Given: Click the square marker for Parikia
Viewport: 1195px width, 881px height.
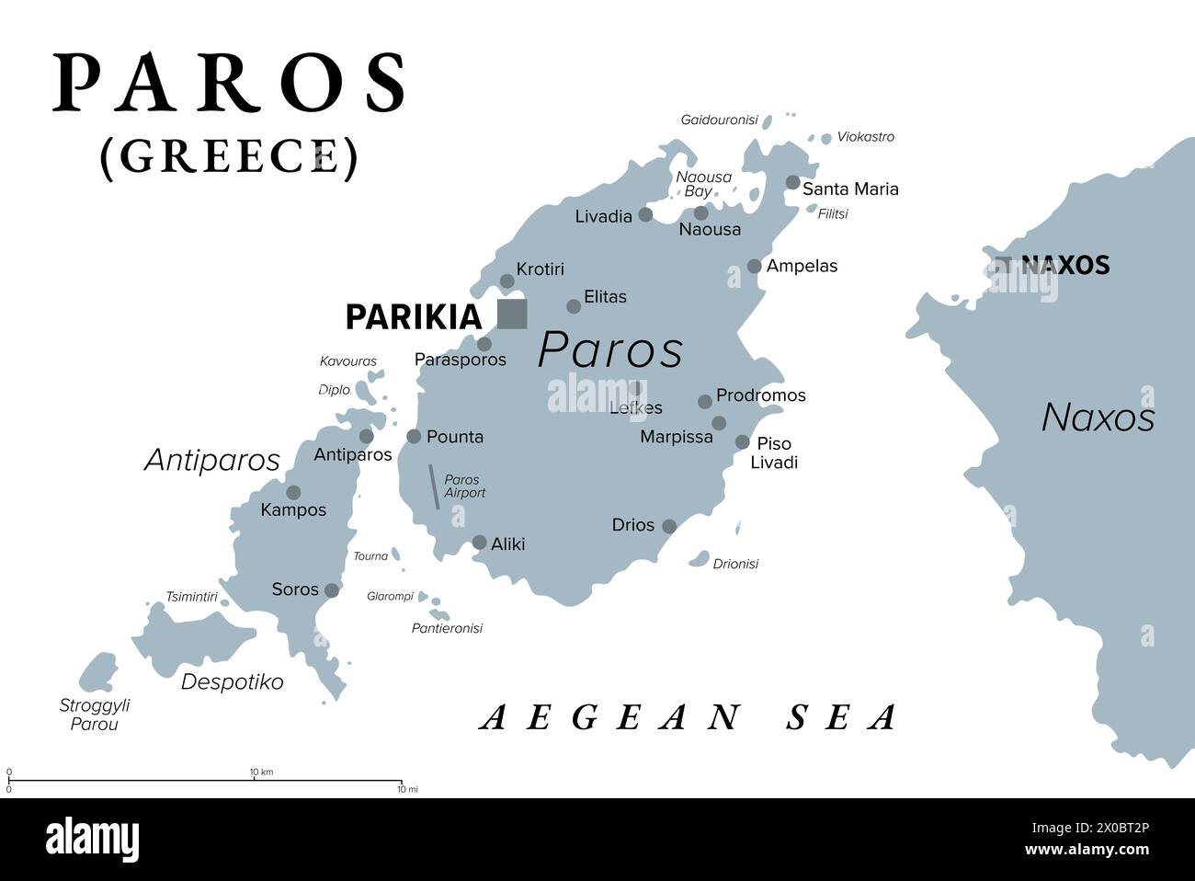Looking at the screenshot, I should [512, 314].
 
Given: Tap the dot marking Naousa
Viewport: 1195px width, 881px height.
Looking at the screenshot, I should [700, 213].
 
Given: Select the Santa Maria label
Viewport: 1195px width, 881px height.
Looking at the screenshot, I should [850, 189].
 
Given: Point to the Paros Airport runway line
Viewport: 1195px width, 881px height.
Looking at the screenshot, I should [434, 486].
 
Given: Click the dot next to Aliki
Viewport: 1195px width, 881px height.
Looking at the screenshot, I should [479, 543].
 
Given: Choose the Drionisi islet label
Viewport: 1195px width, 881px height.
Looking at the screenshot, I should [735, 564].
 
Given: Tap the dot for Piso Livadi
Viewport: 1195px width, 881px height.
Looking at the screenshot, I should [742, 442].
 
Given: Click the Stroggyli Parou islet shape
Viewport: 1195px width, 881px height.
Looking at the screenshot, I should [97, 672].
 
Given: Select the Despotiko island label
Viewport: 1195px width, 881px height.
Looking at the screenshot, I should [232, 681].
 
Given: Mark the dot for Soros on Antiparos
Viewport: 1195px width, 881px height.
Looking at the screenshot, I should [332, 590].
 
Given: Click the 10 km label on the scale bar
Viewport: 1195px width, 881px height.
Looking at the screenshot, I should [261, 771].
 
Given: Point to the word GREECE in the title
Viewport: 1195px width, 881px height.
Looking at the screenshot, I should [229, 156].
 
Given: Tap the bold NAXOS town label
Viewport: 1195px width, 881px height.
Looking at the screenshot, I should [1064, 266].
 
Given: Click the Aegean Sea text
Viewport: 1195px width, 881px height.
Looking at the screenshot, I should [689, 717].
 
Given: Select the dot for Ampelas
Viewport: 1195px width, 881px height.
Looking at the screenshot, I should [754, 266].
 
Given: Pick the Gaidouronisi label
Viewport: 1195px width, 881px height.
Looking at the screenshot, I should [719, 120].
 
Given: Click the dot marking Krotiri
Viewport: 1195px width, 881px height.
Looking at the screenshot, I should [506, 280].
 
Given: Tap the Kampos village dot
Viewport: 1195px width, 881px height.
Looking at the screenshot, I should [293, 493].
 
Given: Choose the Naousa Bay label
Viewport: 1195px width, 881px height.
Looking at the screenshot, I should [703, 184].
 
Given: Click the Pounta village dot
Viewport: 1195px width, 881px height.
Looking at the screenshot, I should [414, 437].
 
